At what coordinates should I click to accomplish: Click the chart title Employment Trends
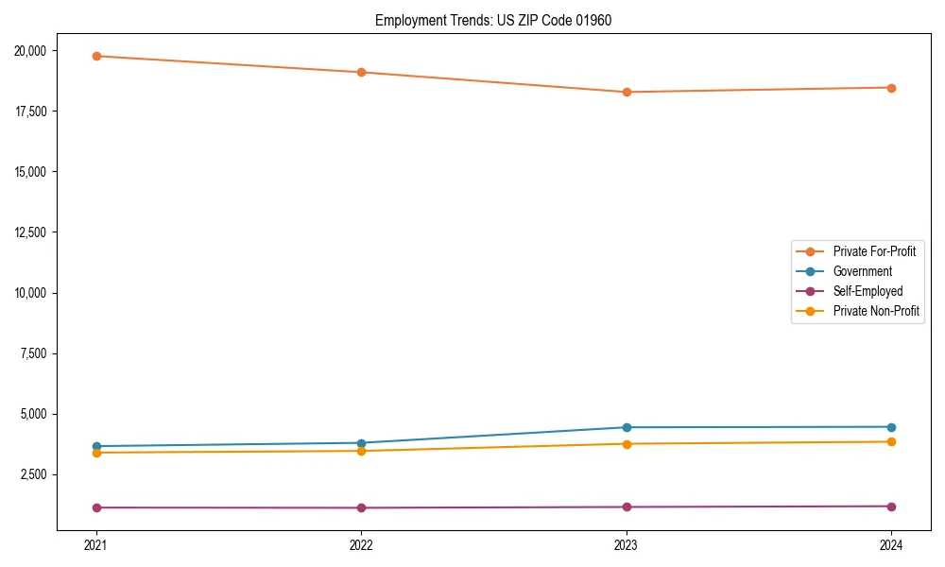[x=493, y=20]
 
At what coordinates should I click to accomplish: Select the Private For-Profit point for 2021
[x=96, y=56]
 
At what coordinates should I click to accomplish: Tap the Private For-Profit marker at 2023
[x=627, y=92]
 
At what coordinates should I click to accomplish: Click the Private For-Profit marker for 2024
[x=891, y=88]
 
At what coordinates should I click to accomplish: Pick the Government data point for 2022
[x=361, y=443]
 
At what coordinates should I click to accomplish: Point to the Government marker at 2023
[x=627, y=427]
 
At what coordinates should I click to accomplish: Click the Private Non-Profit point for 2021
[x=96, y=453]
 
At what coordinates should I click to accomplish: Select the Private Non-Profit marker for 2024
[x=891, y=441]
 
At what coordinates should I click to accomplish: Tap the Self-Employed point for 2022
[x=361, y=507]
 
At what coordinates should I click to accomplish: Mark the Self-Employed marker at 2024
[x=891, y=507]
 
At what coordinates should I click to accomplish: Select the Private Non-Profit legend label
[x=876, y=311]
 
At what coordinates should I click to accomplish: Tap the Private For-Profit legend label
[x=874, y=251]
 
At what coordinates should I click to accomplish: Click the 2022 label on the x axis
[x=361, y=544]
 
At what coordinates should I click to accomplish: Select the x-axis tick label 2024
[x=891, y=544]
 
